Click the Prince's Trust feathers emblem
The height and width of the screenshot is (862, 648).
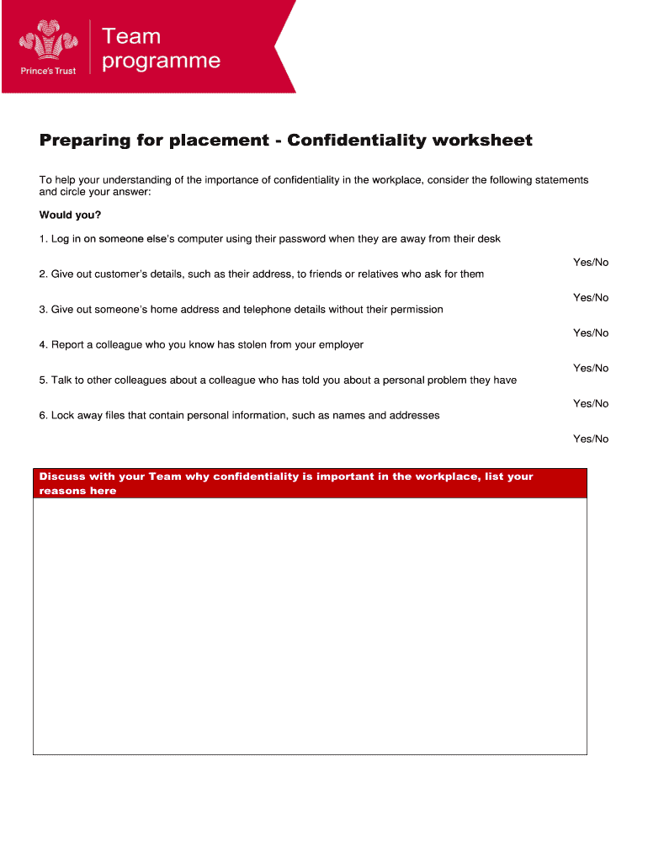click(48, 42)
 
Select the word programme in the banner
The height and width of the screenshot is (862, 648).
click(161, 61)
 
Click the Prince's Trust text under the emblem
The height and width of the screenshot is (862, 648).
click(48, 71)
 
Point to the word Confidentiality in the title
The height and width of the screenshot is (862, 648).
click(357, 140)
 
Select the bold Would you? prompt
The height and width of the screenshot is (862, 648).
click(70, 215)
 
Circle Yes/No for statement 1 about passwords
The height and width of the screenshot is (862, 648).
click(590, 263)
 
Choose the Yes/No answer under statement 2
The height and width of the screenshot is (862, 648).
click(590, 298)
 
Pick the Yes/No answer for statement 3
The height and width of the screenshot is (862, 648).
click(590, 333)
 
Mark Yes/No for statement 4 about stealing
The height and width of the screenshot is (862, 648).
click(590, 369)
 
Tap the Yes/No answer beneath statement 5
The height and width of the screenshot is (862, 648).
click(590, 404)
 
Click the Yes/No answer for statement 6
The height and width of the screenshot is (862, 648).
click(590, 439)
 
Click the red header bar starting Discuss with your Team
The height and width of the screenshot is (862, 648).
click(310, 483)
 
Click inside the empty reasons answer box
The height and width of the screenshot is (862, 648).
click(310, 626)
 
